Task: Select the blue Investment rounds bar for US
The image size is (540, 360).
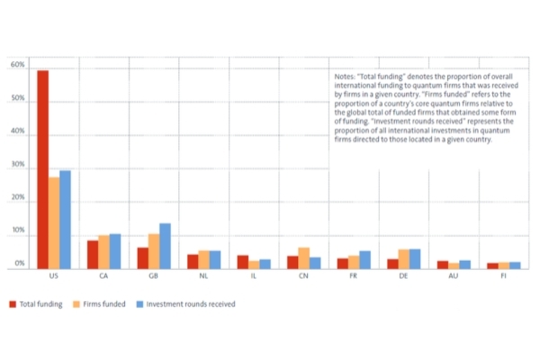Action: click(x=65, y=220)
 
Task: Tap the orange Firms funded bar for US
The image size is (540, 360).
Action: click(x=54, y=223)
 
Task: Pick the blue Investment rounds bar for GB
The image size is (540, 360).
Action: click(x=165, y=246)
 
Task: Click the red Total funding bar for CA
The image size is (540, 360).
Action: click(x=93, y=255)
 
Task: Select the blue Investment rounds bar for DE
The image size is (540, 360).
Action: click(x=415, y=259)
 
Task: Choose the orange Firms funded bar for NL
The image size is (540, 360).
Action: click(x=204, y=260)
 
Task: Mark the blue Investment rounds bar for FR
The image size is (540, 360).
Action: click(x=364, y=260)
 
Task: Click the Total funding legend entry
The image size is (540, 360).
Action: click(x=37, y=304)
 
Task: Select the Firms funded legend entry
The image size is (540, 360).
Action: click(x=100, y=304)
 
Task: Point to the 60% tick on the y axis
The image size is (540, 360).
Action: click(x=17, y=66)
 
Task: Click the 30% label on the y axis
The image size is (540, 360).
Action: click(x=17, y=166)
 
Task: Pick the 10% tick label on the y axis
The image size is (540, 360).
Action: click(x=17, y=232)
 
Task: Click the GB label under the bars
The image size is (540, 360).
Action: click(x=154, y=276)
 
